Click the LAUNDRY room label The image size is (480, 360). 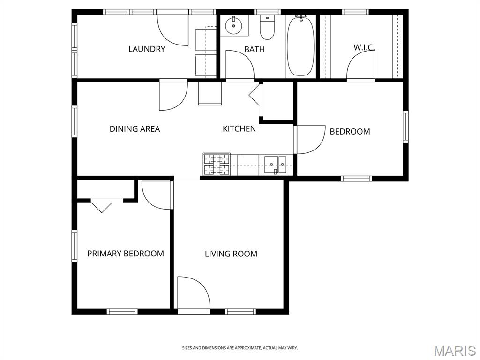(x=147, y=49)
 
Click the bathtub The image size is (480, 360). (x=300, y=45)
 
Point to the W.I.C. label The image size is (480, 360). (x=364, y=47)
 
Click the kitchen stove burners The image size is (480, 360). (x=217, y=164)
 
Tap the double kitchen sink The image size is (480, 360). (x=275, y=165)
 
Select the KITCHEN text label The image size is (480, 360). (x=239, y=128)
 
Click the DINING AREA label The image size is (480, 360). (x=135, y=129)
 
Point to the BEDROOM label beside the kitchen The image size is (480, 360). (x=350, y=132)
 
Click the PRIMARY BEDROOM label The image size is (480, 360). (x=126, y=254)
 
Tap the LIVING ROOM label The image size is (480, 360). (x=231, y=254)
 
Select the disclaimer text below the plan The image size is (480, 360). (x=240, y=348)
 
